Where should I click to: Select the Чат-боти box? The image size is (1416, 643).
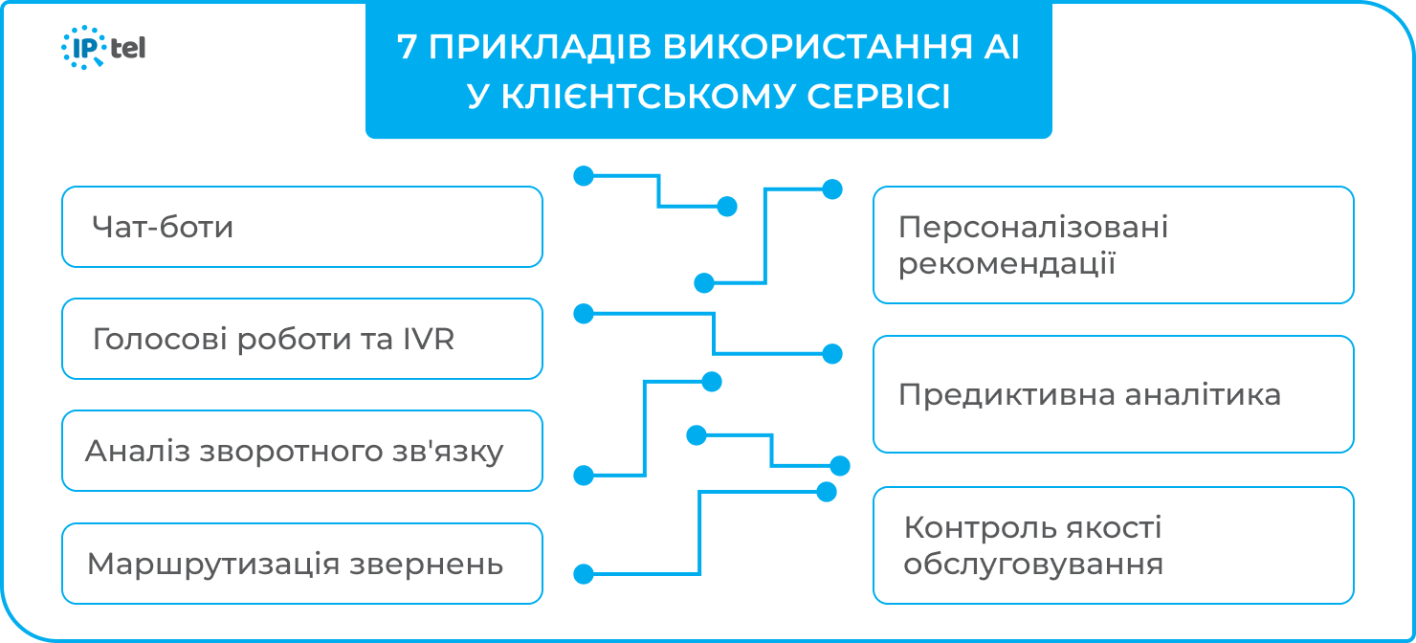pos(301,227)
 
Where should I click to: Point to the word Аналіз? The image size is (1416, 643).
pos(138,452)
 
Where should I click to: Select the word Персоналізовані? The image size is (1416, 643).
pos(1033,228)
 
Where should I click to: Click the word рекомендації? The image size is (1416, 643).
pos(1007,263)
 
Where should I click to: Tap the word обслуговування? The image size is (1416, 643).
pos(1033,564)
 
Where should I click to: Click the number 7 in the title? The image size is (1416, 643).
pos(407,48)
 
